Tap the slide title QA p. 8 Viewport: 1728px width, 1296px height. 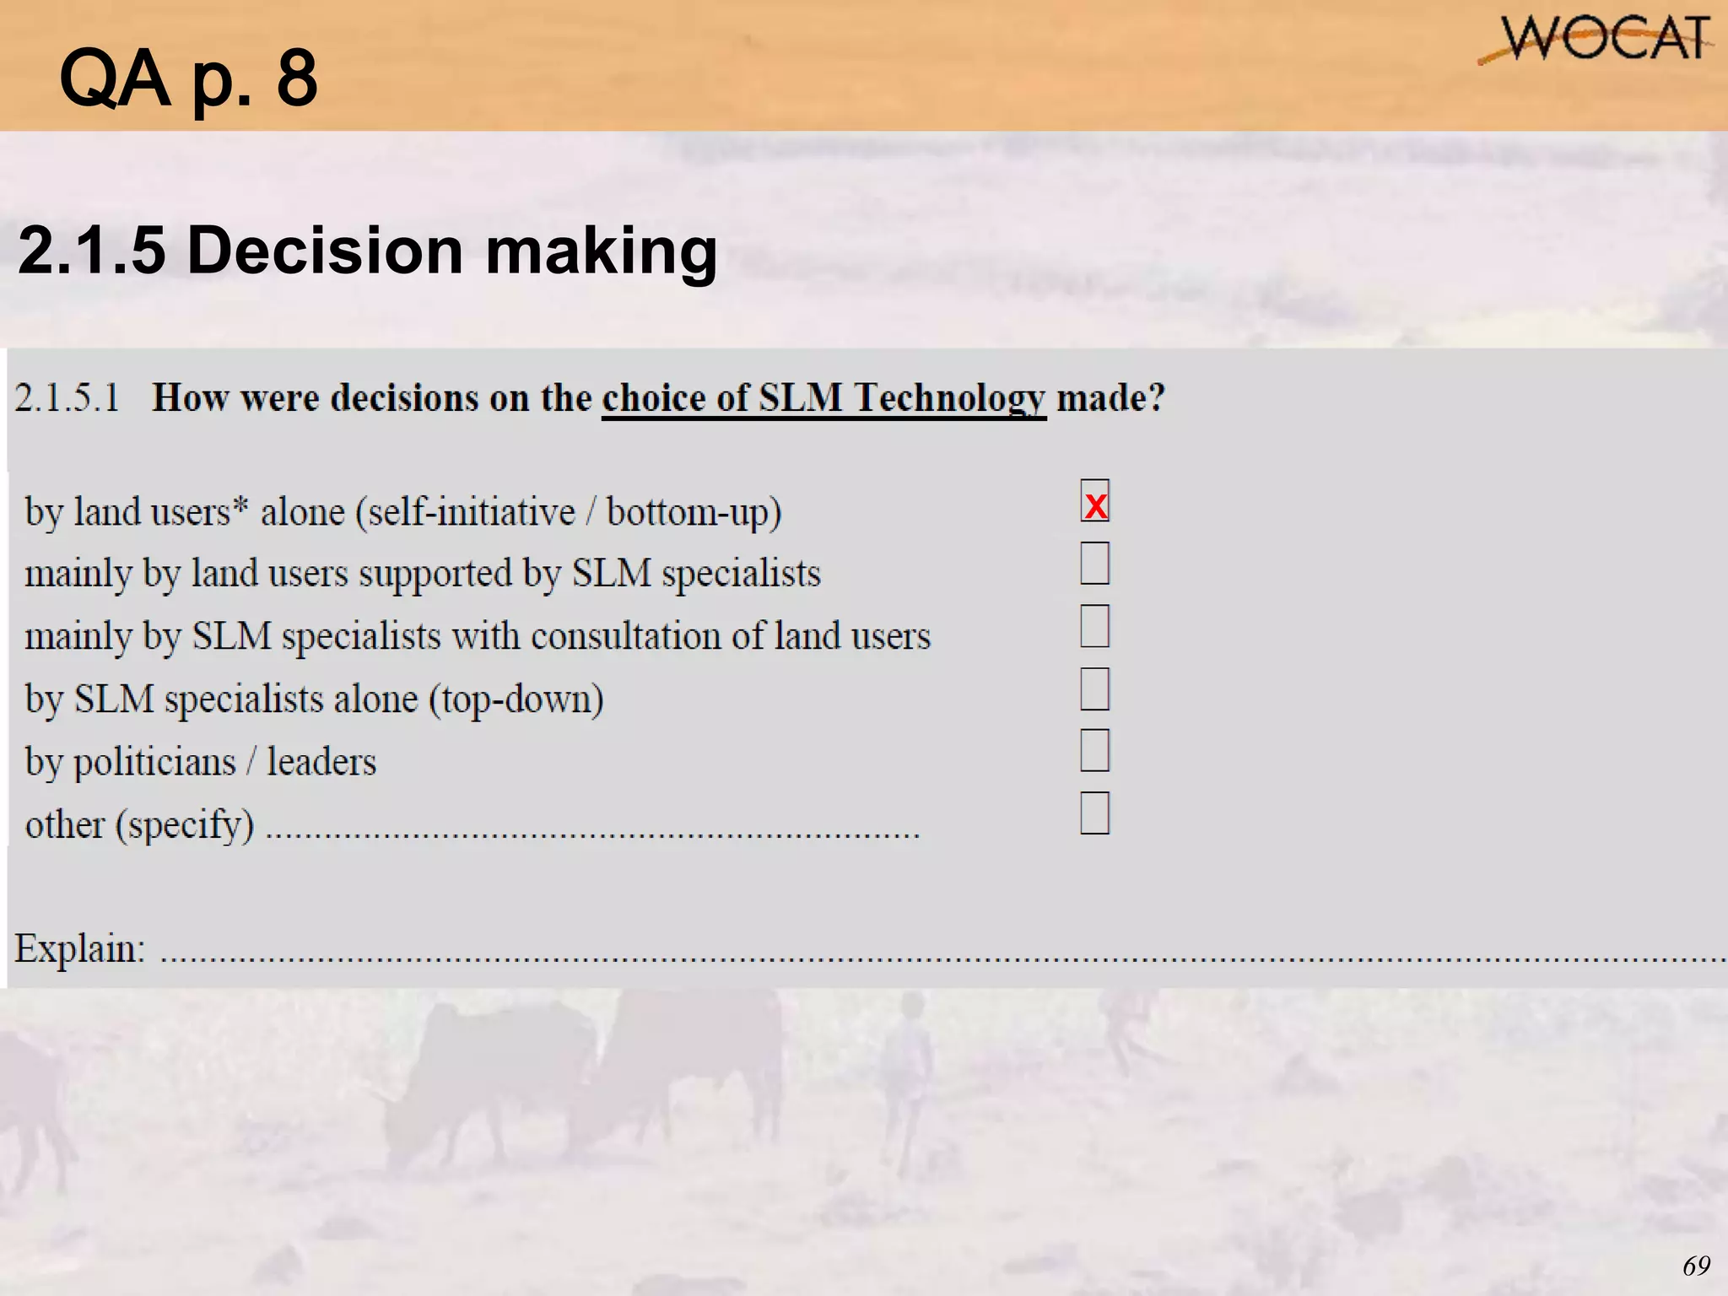[189, 78]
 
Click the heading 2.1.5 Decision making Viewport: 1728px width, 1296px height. [367, 251]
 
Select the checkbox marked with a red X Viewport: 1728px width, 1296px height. [1094, 501]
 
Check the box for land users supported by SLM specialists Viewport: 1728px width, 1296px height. [1094, 563]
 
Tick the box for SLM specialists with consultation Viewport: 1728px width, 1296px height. [1094, 626]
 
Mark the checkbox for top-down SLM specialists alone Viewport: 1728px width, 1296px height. [1094, 688]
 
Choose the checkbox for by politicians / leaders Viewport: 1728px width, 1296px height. [1094, 751]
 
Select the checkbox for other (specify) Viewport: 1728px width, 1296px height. [1094, 813]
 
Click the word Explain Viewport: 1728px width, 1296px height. [79, 948]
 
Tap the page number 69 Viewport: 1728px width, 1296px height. [1696, 1266]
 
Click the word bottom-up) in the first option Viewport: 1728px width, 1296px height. [694, 512]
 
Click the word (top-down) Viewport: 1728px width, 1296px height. [516, 699]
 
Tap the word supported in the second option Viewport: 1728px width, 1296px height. [435, 574]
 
